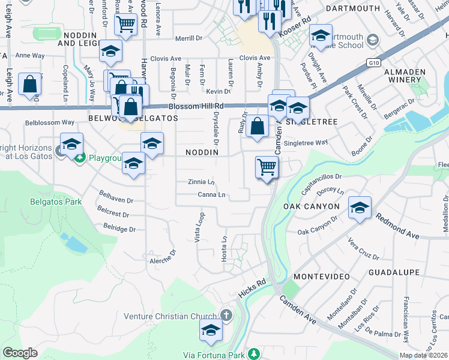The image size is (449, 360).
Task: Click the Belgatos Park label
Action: (55, 202)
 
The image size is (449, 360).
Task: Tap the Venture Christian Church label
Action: (170, 316)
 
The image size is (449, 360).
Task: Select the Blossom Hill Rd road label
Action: (196, 106)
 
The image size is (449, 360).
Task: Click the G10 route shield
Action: (375, 61)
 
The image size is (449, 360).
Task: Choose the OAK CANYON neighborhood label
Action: (312, 206)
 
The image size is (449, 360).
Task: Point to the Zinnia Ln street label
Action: (201, 182)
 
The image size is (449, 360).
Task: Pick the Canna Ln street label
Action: (211, 195)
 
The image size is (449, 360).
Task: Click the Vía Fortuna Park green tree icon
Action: (255, 353)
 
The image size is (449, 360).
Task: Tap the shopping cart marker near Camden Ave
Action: (267, 167)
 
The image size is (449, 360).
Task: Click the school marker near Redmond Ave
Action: (360, 208)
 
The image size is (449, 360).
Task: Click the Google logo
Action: (20, 353)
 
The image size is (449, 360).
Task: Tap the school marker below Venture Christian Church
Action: (211, 330)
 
